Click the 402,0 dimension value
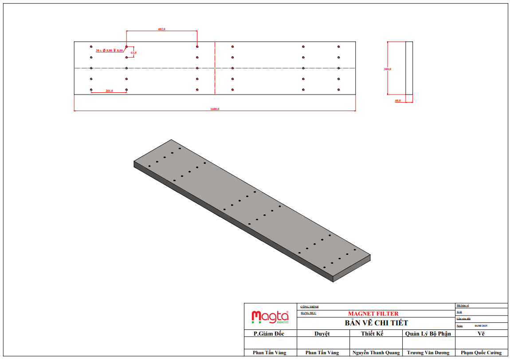coord(161,29)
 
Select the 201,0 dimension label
coord(109,91)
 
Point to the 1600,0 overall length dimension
coord(215,109)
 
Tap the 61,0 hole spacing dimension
coord(133,53)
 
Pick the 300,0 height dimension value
coord(388,69)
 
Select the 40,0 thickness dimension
coord(398,101)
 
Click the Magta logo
coord(270,317)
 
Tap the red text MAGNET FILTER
coord(373,314)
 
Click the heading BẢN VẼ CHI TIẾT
coord(376,323)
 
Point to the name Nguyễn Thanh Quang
coord(376,353)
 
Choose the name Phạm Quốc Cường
coord(481,353)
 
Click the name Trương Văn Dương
coord(428,353)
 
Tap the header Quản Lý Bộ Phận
coord(428,334)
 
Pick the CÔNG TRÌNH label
coord(309,307)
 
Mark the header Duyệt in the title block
coord(322,334)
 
